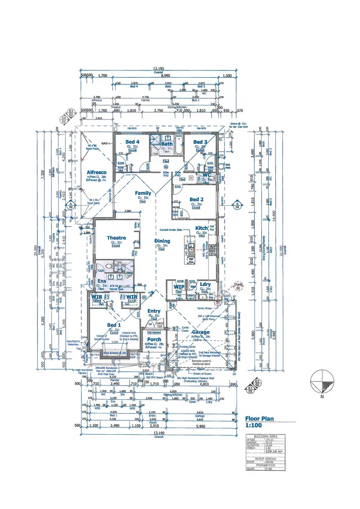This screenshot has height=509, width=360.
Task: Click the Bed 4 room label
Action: click(x=132, y=142)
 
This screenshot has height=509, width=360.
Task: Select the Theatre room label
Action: click(x=116, y=238)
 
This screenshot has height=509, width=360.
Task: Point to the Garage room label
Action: click(x=201, y=332)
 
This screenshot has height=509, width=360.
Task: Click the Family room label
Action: click(x=143, y=193)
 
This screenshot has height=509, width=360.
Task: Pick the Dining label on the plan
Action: click(x=162, y=241)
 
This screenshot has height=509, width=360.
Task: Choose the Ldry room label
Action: click(x=205, y=284)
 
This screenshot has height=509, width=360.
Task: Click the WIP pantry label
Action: click(x=179, y=286)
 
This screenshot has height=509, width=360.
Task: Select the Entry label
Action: click(x=154, y=311)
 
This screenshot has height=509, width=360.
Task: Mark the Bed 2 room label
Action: click(x=196, y=200)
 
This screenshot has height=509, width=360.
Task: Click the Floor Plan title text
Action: click(x=259, y=419)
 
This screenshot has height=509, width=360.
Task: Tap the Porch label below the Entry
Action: click(x=154, y=340)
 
